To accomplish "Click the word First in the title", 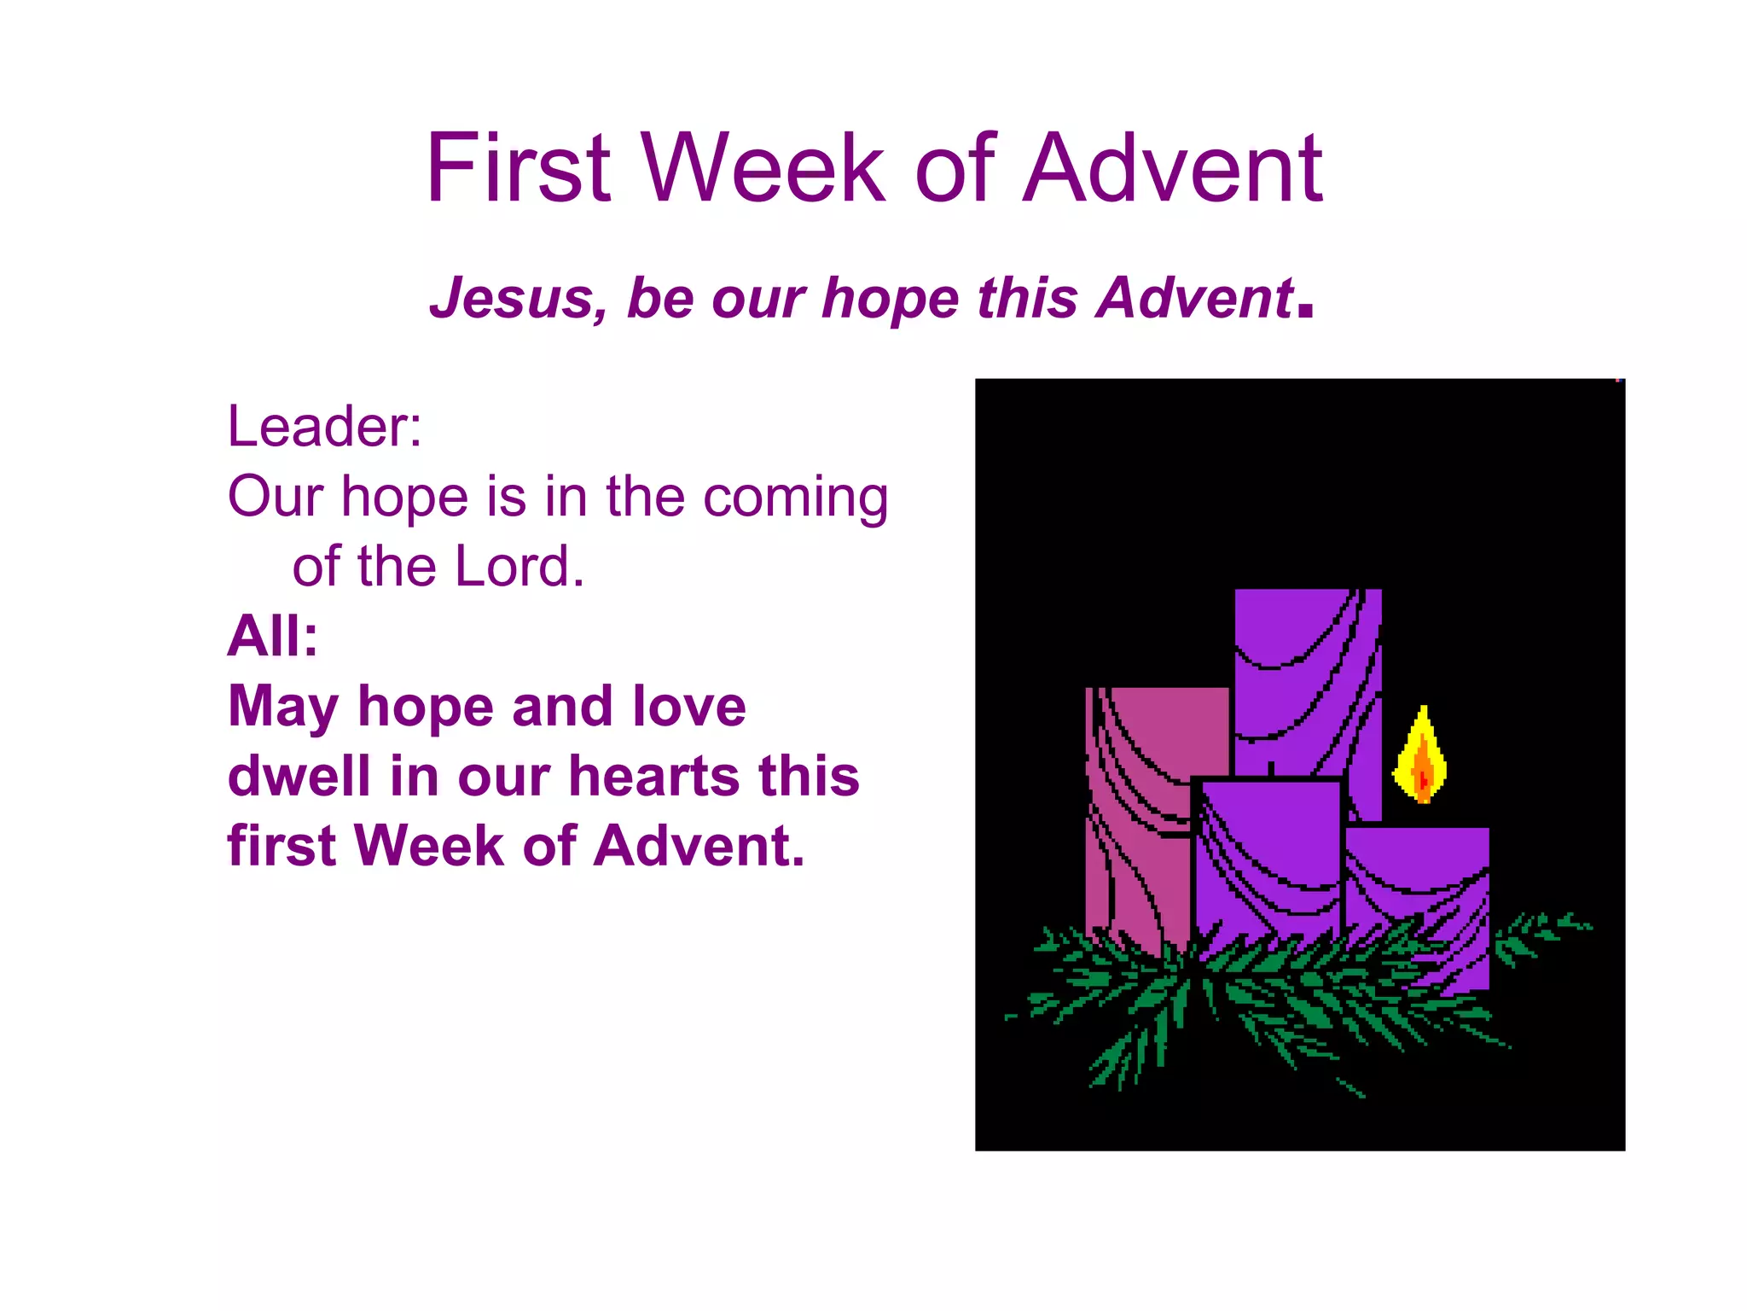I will tap(518, 168).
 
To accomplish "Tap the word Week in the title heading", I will tap(764, 168).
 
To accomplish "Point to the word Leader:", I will tap(325, 426).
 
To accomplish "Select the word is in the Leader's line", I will tap(506, 497).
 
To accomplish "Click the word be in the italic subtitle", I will tap(660, 299).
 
